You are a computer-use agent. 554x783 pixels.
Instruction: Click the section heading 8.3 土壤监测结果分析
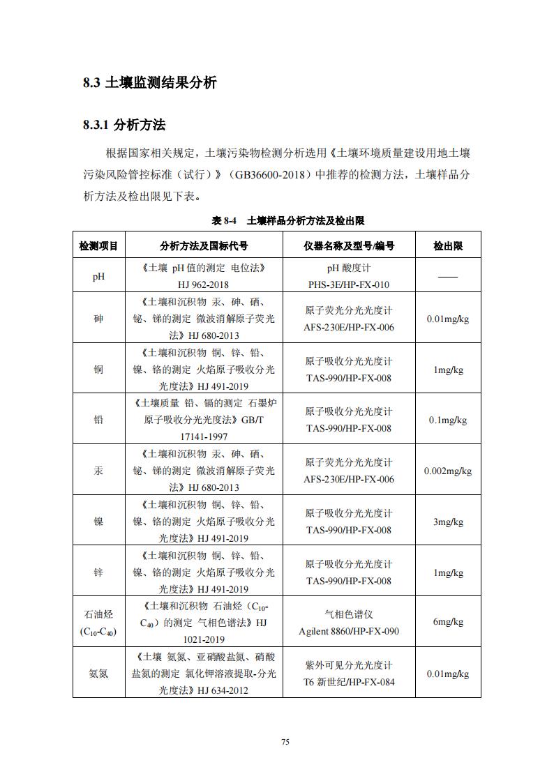pos(149,83)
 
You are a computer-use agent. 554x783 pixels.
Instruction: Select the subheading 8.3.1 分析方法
pos(123,126)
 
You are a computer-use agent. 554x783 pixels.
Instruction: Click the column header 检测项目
pos(98,246)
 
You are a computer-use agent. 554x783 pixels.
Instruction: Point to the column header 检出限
pos(447,246)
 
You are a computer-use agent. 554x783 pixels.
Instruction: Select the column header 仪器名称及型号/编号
pos(349,246)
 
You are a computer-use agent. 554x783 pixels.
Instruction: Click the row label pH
pos(98,276)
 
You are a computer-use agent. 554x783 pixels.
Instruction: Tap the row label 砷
pos(98,319)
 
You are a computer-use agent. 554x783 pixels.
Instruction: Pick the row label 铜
pos(98,370)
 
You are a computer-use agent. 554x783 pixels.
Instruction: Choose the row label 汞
pos(98,471)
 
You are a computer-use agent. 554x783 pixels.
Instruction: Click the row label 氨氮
pos(98,674)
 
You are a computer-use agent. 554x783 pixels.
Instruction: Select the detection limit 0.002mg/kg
pos(447,471)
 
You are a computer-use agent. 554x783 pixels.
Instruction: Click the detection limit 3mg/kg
pos(447,522)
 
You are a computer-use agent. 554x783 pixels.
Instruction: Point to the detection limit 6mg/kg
pos(447,622)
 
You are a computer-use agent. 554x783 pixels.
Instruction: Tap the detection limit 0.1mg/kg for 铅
pos(447,420)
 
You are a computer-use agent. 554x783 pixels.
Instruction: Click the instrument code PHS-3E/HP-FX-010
pos(349,284)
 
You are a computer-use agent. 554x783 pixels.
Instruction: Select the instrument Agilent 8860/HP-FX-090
pos(349,632)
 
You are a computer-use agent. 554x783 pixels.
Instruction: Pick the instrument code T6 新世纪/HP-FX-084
pos(349,682)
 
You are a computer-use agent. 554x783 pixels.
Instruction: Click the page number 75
pos(285,742)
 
